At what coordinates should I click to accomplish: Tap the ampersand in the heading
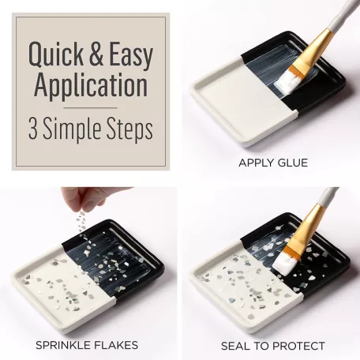point(99,53)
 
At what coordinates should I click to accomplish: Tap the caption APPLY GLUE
point(272,163)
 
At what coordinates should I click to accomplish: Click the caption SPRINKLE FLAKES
point(87,345)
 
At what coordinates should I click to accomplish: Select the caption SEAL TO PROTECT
point(273,346)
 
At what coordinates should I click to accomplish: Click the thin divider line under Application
point(89,107)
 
